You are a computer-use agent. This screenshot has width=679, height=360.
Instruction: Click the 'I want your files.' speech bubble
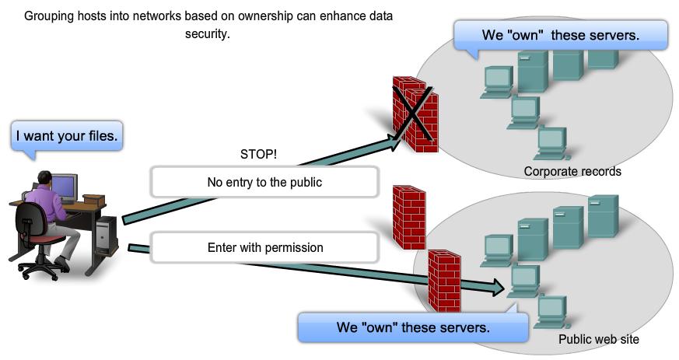(x=67, y=136)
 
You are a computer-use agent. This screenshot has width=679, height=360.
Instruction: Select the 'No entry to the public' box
(x=264, y=183)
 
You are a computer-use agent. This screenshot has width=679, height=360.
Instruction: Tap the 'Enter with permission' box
(x=264, y=248)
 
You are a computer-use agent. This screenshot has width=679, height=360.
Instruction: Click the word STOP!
(x=258, y=155)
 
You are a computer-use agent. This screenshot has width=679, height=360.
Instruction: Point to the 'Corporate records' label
(x=572, y=172)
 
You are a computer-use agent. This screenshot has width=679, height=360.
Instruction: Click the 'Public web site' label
(x=598, y=340)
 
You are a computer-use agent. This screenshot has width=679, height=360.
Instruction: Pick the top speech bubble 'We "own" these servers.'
(x=560, y=36)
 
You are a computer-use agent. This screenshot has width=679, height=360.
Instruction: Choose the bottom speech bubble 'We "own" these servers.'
(x=412, y=327)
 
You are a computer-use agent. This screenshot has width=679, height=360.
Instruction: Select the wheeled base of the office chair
(x=44, y=269)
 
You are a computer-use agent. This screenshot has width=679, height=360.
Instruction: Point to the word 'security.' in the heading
(x=208, y=34)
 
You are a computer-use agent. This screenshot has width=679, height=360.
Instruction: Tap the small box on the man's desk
(x=93, y=200)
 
